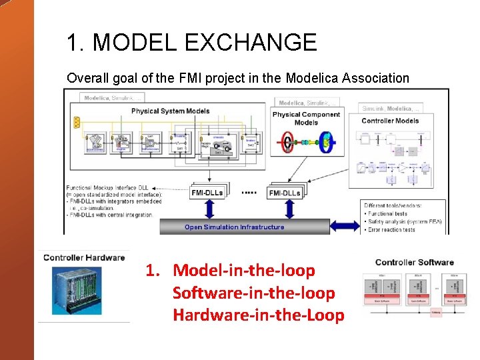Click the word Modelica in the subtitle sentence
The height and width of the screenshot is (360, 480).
pyautogui.click(x=314, y=78)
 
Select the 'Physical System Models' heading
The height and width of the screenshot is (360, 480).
pyautogui.click(x=170, y=111)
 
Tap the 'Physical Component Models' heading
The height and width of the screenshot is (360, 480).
pyautogui.click(x=306, y=118)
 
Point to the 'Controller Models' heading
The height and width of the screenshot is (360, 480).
pyautogui.click(x=391, y=121)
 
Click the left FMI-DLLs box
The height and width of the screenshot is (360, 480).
pyautogui.click(x=208, y=193)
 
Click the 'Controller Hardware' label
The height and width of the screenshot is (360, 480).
pyautogui.click(x=84, y=257)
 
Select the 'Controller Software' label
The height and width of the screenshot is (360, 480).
pyautogui.click(x=415, y=262)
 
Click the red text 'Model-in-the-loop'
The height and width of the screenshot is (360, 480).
pyautogui.click(x=243, y=271)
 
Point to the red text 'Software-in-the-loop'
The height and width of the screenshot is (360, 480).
pyautogui.click(x=253, y=293)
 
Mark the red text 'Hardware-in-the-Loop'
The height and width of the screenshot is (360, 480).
pyautogui.click(x=258, y=315)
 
